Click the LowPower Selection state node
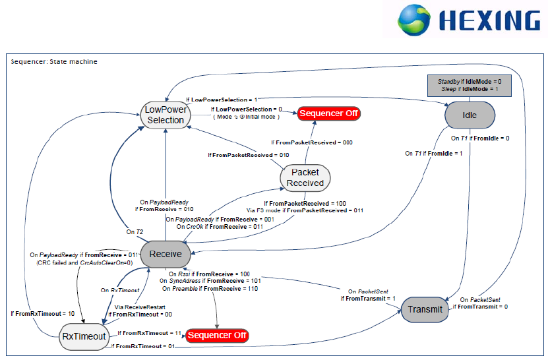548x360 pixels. click(x=166, y=115)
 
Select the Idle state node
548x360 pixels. click(x=470, y=115)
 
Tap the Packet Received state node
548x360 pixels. click(x=305, y=178)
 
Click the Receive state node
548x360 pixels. click(x=166, y=254)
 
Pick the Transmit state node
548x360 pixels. click(x=425, y=309)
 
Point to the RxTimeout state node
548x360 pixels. click(x=84, y=336)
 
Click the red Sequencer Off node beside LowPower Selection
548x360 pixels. click(x=328, y=113)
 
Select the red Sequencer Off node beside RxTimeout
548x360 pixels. click(x=217, y=336)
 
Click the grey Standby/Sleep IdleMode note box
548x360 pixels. click(x=470, y=85)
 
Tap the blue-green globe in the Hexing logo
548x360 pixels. click(x=413, y=20)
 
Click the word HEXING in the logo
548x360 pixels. click(x=489, y=20)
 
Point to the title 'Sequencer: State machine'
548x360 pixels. click(x=54, y=62)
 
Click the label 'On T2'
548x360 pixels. click(x=135, y=231)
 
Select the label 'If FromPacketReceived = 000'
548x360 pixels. click(x=312, y=142)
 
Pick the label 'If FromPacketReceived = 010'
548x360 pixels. click(x=249, y=155)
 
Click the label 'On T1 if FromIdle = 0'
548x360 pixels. click(x=480, y=138)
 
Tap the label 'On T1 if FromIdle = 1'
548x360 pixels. click(x=434, y=153)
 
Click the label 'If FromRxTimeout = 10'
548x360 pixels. click(x=43, y=313)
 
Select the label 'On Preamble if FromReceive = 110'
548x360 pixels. click(x=210, y=289)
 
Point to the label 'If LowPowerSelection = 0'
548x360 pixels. click(x=247, y=109)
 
